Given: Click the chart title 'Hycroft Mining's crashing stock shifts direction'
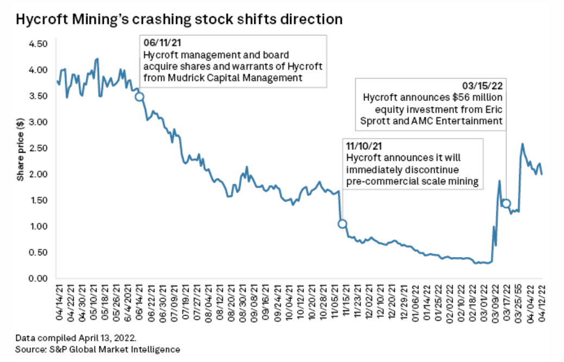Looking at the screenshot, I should pos(179,20).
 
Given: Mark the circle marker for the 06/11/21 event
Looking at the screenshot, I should pos(139,97).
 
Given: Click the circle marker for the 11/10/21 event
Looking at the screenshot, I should pos(342,223).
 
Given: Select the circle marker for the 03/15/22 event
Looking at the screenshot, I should pos(506,203).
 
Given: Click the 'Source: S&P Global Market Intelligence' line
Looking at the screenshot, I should pos(98,349).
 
